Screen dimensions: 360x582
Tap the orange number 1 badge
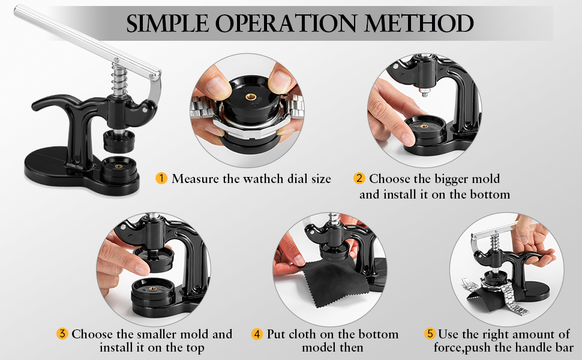click(x=161, y=178)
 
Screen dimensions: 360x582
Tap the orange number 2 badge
click(x=359, y=178)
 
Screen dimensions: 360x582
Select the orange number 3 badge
click(x=62, y=334)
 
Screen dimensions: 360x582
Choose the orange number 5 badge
click(x=430, y=334)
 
